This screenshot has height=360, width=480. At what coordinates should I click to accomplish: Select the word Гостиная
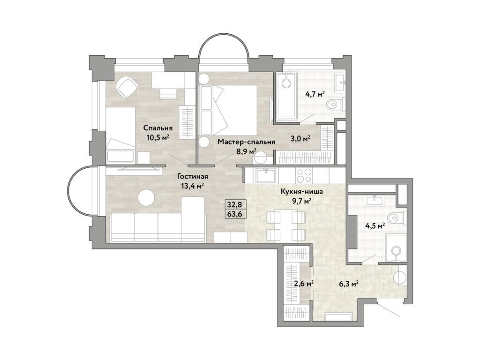click(x=193, y=177)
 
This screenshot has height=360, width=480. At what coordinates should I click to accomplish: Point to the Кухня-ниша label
click(x=301, y=191)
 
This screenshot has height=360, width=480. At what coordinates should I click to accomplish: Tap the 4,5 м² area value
click(x=375, y=225)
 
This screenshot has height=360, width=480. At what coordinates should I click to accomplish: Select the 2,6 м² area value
click(x=303, y=283)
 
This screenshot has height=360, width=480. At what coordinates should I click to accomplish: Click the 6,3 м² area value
click(x=349, y=283)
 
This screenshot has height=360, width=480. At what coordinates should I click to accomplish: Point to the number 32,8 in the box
click(x=234, y=204)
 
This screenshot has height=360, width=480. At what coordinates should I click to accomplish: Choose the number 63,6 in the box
click(x=234, y=215)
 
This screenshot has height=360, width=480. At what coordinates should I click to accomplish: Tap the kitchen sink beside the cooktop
click(x=266, y=175)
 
